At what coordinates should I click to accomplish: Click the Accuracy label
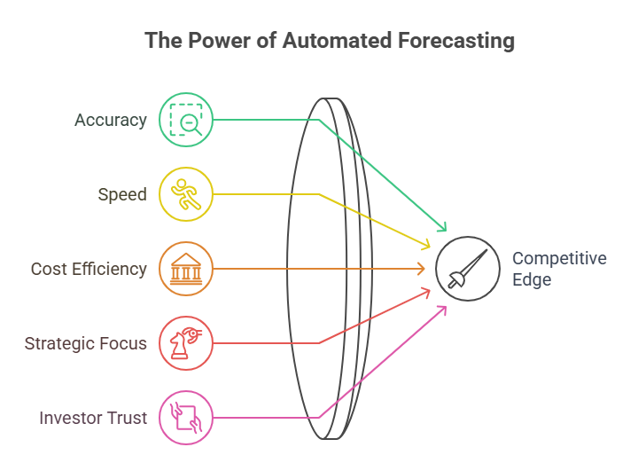click(111, 120)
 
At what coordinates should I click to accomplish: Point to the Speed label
click(121, 194)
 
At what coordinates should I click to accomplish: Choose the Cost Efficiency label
click(89, 269)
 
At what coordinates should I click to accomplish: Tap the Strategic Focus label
click(86, 343)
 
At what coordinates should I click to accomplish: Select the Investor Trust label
click(93, 418)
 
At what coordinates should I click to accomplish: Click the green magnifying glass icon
click(186, 120)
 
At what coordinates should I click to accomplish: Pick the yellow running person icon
click(186, 194)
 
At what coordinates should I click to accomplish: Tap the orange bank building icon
click(186, 269)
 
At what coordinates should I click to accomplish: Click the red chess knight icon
click(186, 343)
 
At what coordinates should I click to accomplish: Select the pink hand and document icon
click(186, 418)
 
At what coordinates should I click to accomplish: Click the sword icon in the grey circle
click(467, 269)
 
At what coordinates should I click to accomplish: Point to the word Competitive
click(559, 259)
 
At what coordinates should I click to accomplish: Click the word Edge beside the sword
click(532, 280)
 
